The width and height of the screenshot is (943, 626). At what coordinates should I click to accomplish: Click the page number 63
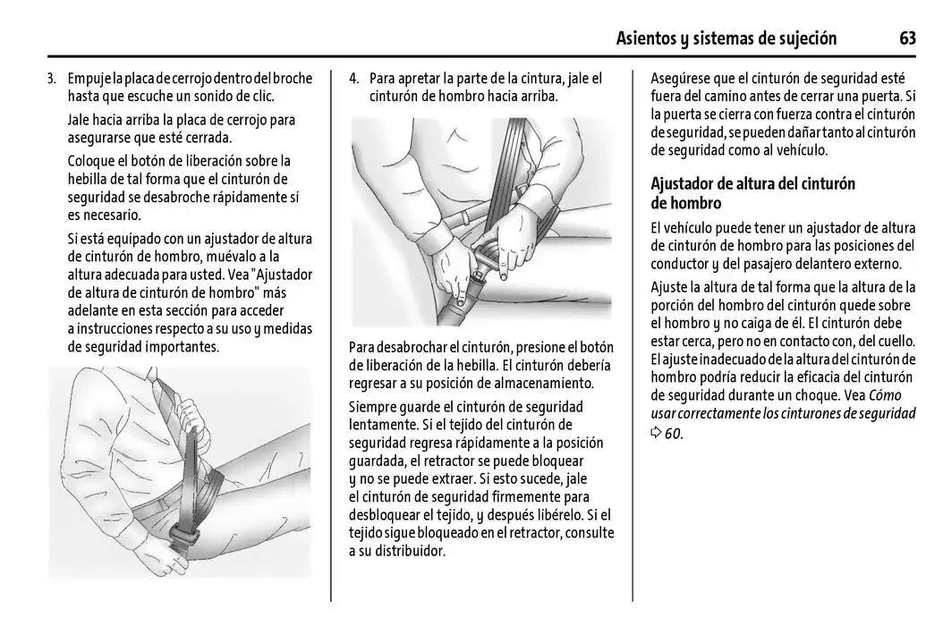907,38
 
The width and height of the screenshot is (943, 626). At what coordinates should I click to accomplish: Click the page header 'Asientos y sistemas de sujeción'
726,39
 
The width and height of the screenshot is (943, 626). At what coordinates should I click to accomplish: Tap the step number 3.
52,78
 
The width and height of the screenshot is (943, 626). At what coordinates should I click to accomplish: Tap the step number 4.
353,78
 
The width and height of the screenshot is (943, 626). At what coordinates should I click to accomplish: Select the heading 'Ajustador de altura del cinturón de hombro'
752,193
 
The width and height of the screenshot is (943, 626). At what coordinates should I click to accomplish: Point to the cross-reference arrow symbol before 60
656,432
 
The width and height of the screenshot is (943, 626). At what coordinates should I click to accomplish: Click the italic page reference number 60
674,433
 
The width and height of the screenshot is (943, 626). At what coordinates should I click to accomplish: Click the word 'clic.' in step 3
259,97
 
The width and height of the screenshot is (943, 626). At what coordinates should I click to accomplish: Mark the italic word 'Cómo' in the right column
885,395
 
